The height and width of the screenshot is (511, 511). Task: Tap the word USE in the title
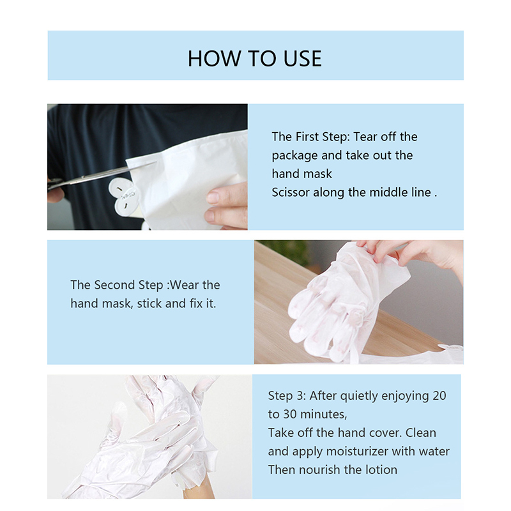(x=302, y=59)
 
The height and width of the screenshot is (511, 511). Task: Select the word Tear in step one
(x=365, y=137)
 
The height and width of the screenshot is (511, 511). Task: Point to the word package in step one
(x=294, y=156)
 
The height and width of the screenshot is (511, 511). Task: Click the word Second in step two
(x=114, y=285)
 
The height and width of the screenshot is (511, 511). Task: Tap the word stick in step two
(x=149, y=303)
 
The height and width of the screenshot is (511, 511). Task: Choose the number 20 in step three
(x=439, y=395)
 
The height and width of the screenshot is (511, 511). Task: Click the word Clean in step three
(x=420, y=433)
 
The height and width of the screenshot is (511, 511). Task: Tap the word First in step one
(x=307, y=137)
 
